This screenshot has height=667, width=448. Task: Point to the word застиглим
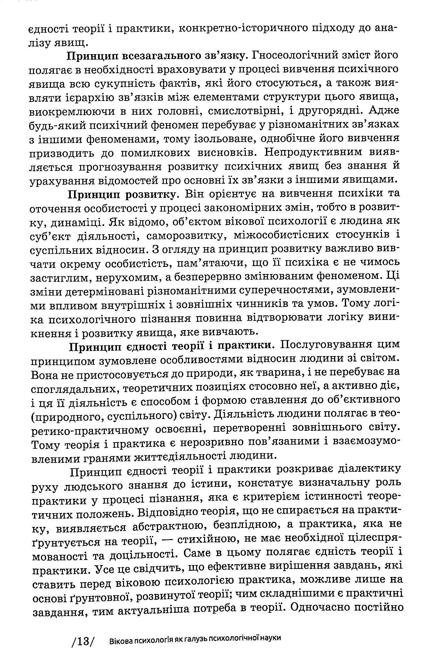(59, 278)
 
